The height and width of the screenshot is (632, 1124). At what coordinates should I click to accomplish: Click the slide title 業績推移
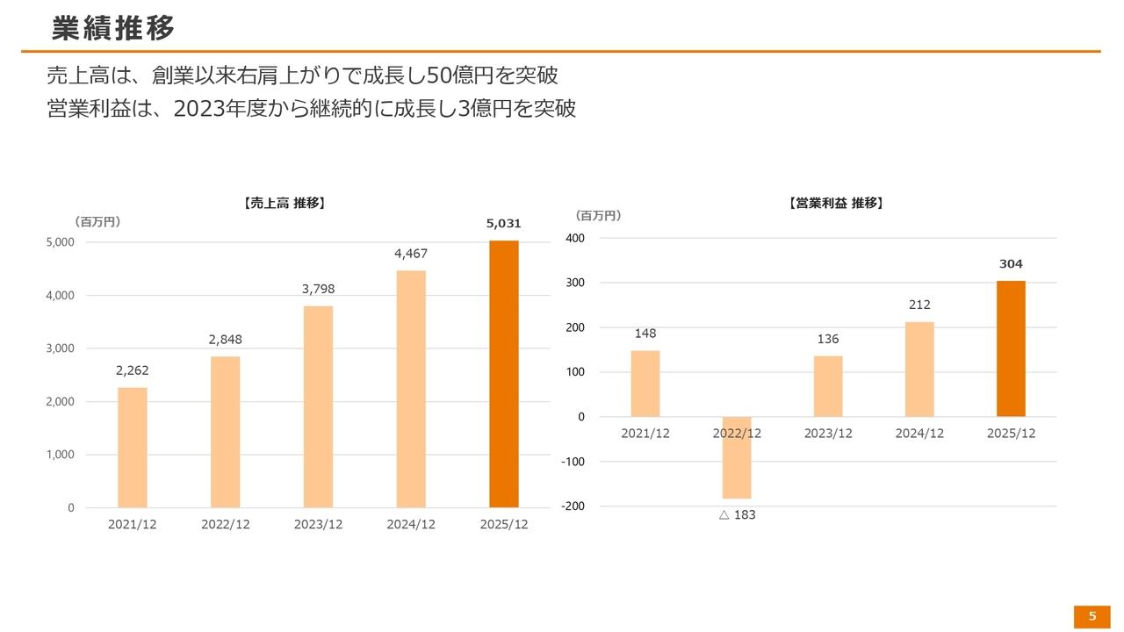[x=113, y=28]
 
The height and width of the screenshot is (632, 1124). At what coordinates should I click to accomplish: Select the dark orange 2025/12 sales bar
[x=503, y=374]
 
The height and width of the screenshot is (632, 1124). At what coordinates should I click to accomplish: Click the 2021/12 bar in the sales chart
[x=133, y=447]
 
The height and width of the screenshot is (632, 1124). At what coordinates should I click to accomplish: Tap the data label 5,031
[x=503, y=225]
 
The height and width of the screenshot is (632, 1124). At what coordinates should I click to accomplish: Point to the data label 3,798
[x=318, y=290]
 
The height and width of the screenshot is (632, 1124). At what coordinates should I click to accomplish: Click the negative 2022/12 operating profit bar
[x=736, y=457]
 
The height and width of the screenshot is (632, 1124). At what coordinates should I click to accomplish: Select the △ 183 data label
[x=737, y=515]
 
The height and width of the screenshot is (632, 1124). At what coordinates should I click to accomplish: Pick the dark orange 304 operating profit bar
[x=1011, y=348]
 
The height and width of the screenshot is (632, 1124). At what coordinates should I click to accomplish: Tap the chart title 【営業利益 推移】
[x=836, y=203]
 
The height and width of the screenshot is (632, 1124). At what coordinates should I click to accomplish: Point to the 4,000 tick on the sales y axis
[x=61, y=296]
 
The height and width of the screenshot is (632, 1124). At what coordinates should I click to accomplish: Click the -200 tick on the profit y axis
[x=573, y=506]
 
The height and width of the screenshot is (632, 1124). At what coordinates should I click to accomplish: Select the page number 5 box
[x=1092, y=616]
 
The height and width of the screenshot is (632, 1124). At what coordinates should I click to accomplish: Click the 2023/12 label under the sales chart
[x=318, y=525]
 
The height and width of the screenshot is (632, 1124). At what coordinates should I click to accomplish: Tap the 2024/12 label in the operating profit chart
[x=919, y=434]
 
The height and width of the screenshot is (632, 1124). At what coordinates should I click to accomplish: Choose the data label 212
[x=919, y=305]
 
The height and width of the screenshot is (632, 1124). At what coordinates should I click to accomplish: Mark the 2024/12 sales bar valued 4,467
[x=411, y=389]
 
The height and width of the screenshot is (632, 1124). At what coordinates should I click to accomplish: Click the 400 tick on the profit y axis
[x=575, y=238]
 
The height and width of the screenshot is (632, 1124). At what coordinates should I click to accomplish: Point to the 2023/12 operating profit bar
[x=828, y=386]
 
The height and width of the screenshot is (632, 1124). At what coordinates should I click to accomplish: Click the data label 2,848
[x=226, y=340]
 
